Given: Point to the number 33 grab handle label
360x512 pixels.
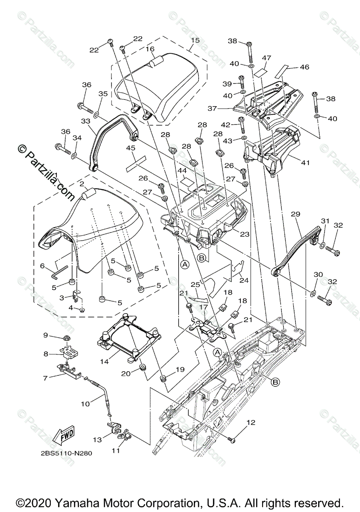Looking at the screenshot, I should tap(86, 121).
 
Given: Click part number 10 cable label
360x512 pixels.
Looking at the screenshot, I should tap(85, 402).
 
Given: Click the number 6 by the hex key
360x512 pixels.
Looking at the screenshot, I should tap(42, 266).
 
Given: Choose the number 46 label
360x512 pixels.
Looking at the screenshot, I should tap(304, 67).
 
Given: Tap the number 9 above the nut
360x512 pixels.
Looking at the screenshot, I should tap(46, 335).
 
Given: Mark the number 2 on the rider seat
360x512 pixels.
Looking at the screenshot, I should tap(81, 184).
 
